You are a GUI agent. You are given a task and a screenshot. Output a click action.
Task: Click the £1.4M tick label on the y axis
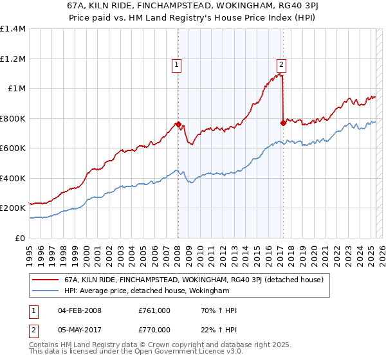[x=13, y=29]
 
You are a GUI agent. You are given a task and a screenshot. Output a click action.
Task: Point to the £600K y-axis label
[x=13, y=148]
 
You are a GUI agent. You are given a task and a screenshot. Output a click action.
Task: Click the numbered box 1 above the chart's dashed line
[x=176, y=64]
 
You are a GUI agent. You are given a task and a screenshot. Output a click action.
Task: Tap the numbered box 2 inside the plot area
[x=282, y=64]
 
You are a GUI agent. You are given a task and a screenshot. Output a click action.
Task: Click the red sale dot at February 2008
[x=178, y=124]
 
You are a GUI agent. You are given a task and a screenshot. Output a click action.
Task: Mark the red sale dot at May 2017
[x=283, y=123]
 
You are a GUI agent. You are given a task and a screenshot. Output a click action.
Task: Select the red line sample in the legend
[x=46, y=280]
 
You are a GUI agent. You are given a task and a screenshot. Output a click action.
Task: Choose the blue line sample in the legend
[x=46, y=291]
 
